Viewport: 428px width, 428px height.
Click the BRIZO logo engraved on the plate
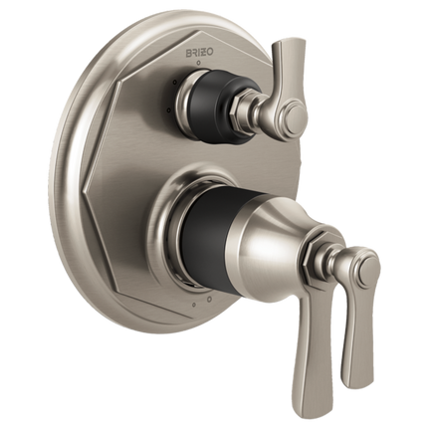point(201,53)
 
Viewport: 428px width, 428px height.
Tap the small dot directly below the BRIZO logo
point(199,63)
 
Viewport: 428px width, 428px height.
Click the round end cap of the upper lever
point(296,114)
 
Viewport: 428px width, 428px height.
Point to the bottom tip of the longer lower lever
point(299,385)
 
